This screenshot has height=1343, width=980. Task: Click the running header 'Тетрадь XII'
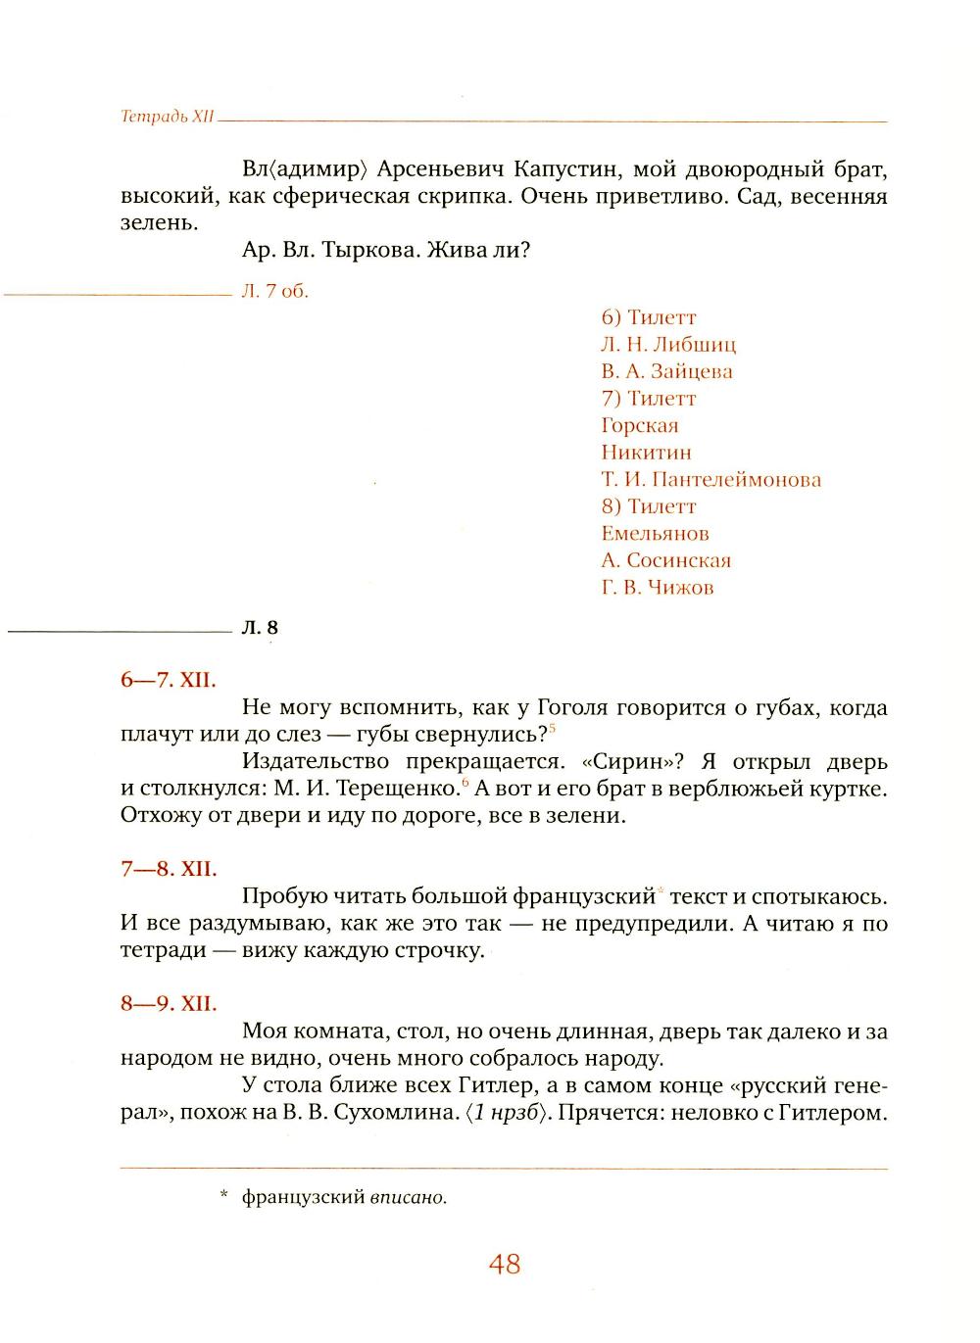pyautogui.click(x=167, y=117)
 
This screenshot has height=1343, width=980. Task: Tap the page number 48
pyautogui.click(x=504, y=1265)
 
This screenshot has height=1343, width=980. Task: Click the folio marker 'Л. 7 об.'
pyautogui.click(x=274, y=292)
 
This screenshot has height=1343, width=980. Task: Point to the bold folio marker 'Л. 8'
pyautogui.click(x=260, y=628)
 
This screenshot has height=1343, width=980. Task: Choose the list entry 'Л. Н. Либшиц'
pyautogui.click(x=668, y=345)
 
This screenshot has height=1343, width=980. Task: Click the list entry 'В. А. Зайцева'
pyautogui.click(x=666, y=371)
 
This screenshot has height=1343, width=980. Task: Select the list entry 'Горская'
pyautogui.click(x=639, y=425)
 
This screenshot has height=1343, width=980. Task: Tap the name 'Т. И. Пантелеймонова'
pyautogui.click(x=710, y=480)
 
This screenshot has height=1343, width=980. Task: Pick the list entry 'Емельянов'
pyautogui.click(x=655, y=534)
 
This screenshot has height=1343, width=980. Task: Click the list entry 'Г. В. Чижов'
pyautogui.click(x=658, y=588)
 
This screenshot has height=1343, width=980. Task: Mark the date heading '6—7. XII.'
pyautogui.click(x=169, y=680)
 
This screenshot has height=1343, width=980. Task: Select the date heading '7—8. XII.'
pyautogui.click(x=169, y=869)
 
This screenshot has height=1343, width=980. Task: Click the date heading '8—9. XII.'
pyautogui.click(x=169, y=1004)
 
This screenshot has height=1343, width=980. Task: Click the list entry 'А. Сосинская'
pyautogui.click(x=666, y=560)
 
